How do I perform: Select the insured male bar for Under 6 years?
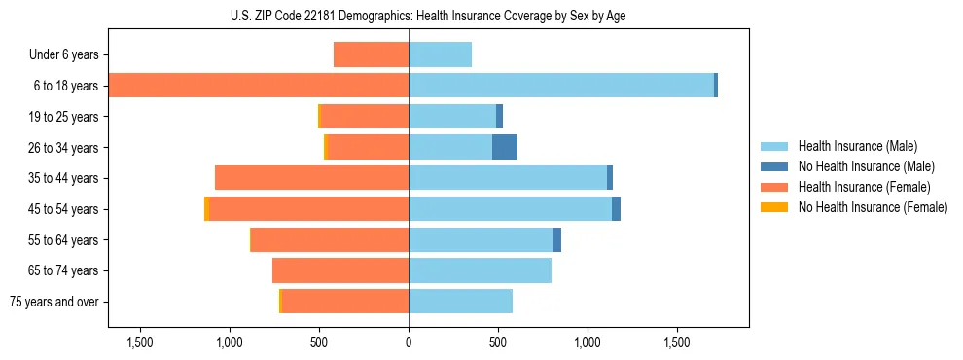click(x=440, y=54)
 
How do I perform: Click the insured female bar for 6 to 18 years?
click(x=258, y=86)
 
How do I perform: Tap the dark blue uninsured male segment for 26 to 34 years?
click(x=505, y=147)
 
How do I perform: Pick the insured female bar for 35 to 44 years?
click(x=311, y=178)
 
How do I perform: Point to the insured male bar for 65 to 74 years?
click(x=480, y=270)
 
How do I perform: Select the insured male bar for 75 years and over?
click(x=460, y=302)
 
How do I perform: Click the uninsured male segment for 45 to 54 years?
click(x=616, y=209)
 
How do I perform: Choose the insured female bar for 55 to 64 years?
click(x=330, y=239)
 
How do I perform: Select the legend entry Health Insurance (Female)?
click(x=864, y=187)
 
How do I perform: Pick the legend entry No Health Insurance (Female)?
click(x=873, y=207)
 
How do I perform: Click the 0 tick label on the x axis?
click(x=409, y=342)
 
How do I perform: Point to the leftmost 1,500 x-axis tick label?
click(x=140, y=342)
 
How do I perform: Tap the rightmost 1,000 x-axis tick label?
click(x=588, y=342)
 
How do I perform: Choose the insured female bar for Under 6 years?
click(x=371, y=54)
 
